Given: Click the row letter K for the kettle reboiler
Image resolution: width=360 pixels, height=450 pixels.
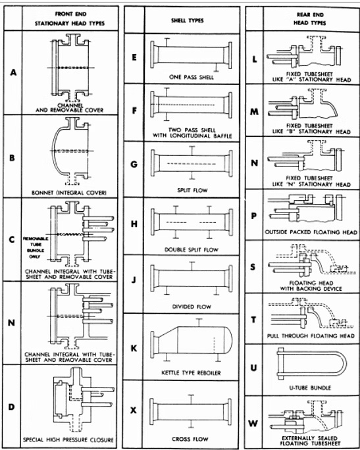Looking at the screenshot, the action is pos(134,348).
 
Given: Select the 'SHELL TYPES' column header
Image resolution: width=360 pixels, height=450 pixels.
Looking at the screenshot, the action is pos(187,20).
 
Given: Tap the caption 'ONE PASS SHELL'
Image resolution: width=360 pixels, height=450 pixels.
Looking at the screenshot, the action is pos(192,77).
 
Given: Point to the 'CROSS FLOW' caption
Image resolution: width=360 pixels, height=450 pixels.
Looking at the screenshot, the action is pos(190,439).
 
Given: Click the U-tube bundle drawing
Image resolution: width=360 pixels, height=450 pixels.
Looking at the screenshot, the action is pos(312,364).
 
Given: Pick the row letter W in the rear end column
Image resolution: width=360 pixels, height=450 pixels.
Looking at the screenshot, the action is pos(253,423).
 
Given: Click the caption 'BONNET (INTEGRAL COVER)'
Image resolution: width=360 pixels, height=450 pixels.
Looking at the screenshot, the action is pos(69,193).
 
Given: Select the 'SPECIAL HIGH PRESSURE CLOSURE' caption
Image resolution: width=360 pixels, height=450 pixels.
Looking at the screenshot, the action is pos(68,439).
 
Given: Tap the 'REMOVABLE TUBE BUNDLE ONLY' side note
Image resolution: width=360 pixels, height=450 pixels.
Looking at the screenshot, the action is pos(36,247).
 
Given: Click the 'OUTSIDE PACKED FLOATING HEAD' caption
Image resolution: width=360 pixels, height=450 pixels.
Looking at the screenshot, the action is pos(311,232).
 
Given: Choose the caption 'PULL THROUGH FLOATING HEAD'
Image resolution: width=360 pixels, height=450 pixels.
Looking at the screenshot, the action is pos(311,336).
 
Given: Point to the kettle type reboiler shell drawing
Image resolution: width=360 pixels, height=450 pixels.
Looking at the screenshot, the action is pos(192,339).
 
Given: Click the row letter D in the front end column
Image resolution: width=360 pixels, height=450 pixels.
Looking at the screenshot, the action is pos(11,407).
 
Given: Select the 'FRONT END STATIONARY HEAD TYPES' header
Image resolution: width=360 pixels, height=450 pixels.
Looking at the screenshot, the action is pos(70,18).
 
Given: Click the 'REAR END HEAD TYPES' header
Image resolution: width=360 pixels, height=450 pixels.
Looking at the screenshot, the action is pos(310,18).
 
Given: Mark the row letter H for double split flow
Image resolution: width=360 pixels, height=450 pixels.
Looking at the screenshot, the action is pos(134,224).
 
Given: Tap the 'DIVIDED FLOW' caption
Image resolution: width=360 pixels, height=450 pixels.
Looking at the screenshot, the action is pos(192,307).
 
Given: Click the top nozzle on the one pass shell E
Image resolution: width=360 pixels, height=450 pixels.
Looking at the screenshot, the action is pos(167,42).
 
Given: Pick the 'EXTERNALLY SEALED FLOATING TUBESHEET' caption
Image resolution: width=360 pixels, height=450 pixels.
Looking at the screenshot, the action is pos(309,441).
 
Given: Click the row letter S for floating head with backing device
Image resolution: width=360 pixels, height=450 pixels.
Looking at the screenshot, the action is pos(253,267).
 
